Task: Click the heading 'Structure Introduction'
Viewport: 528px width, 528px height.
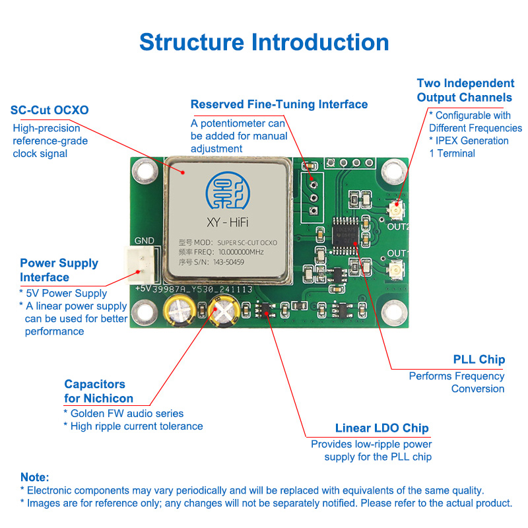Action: (264, 42)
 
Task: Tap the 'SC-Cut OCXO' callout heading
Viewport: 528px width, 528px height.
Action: (50, 110)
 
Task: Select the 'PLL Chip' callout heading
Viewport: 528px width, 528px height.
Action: (478, 360)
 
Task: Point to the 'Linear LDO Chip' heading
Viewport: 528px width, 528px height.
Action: (381, 428)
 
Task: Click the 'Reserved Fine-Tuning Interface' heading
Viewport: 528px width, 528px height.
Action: (279, 104)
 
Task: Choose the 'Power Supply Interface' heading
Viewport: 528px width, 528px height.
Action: (59, 270)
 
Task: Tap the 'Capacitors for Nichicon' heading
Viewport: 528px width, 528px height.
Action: (98, 391)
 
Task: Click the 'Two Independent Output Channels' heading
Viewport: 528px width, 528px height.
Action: (465, 90)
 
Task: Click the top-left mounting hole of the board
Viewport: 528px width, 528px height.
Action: (144, 173)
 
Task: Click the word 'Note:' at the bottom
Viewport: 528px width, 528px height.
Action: (34, 477)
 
